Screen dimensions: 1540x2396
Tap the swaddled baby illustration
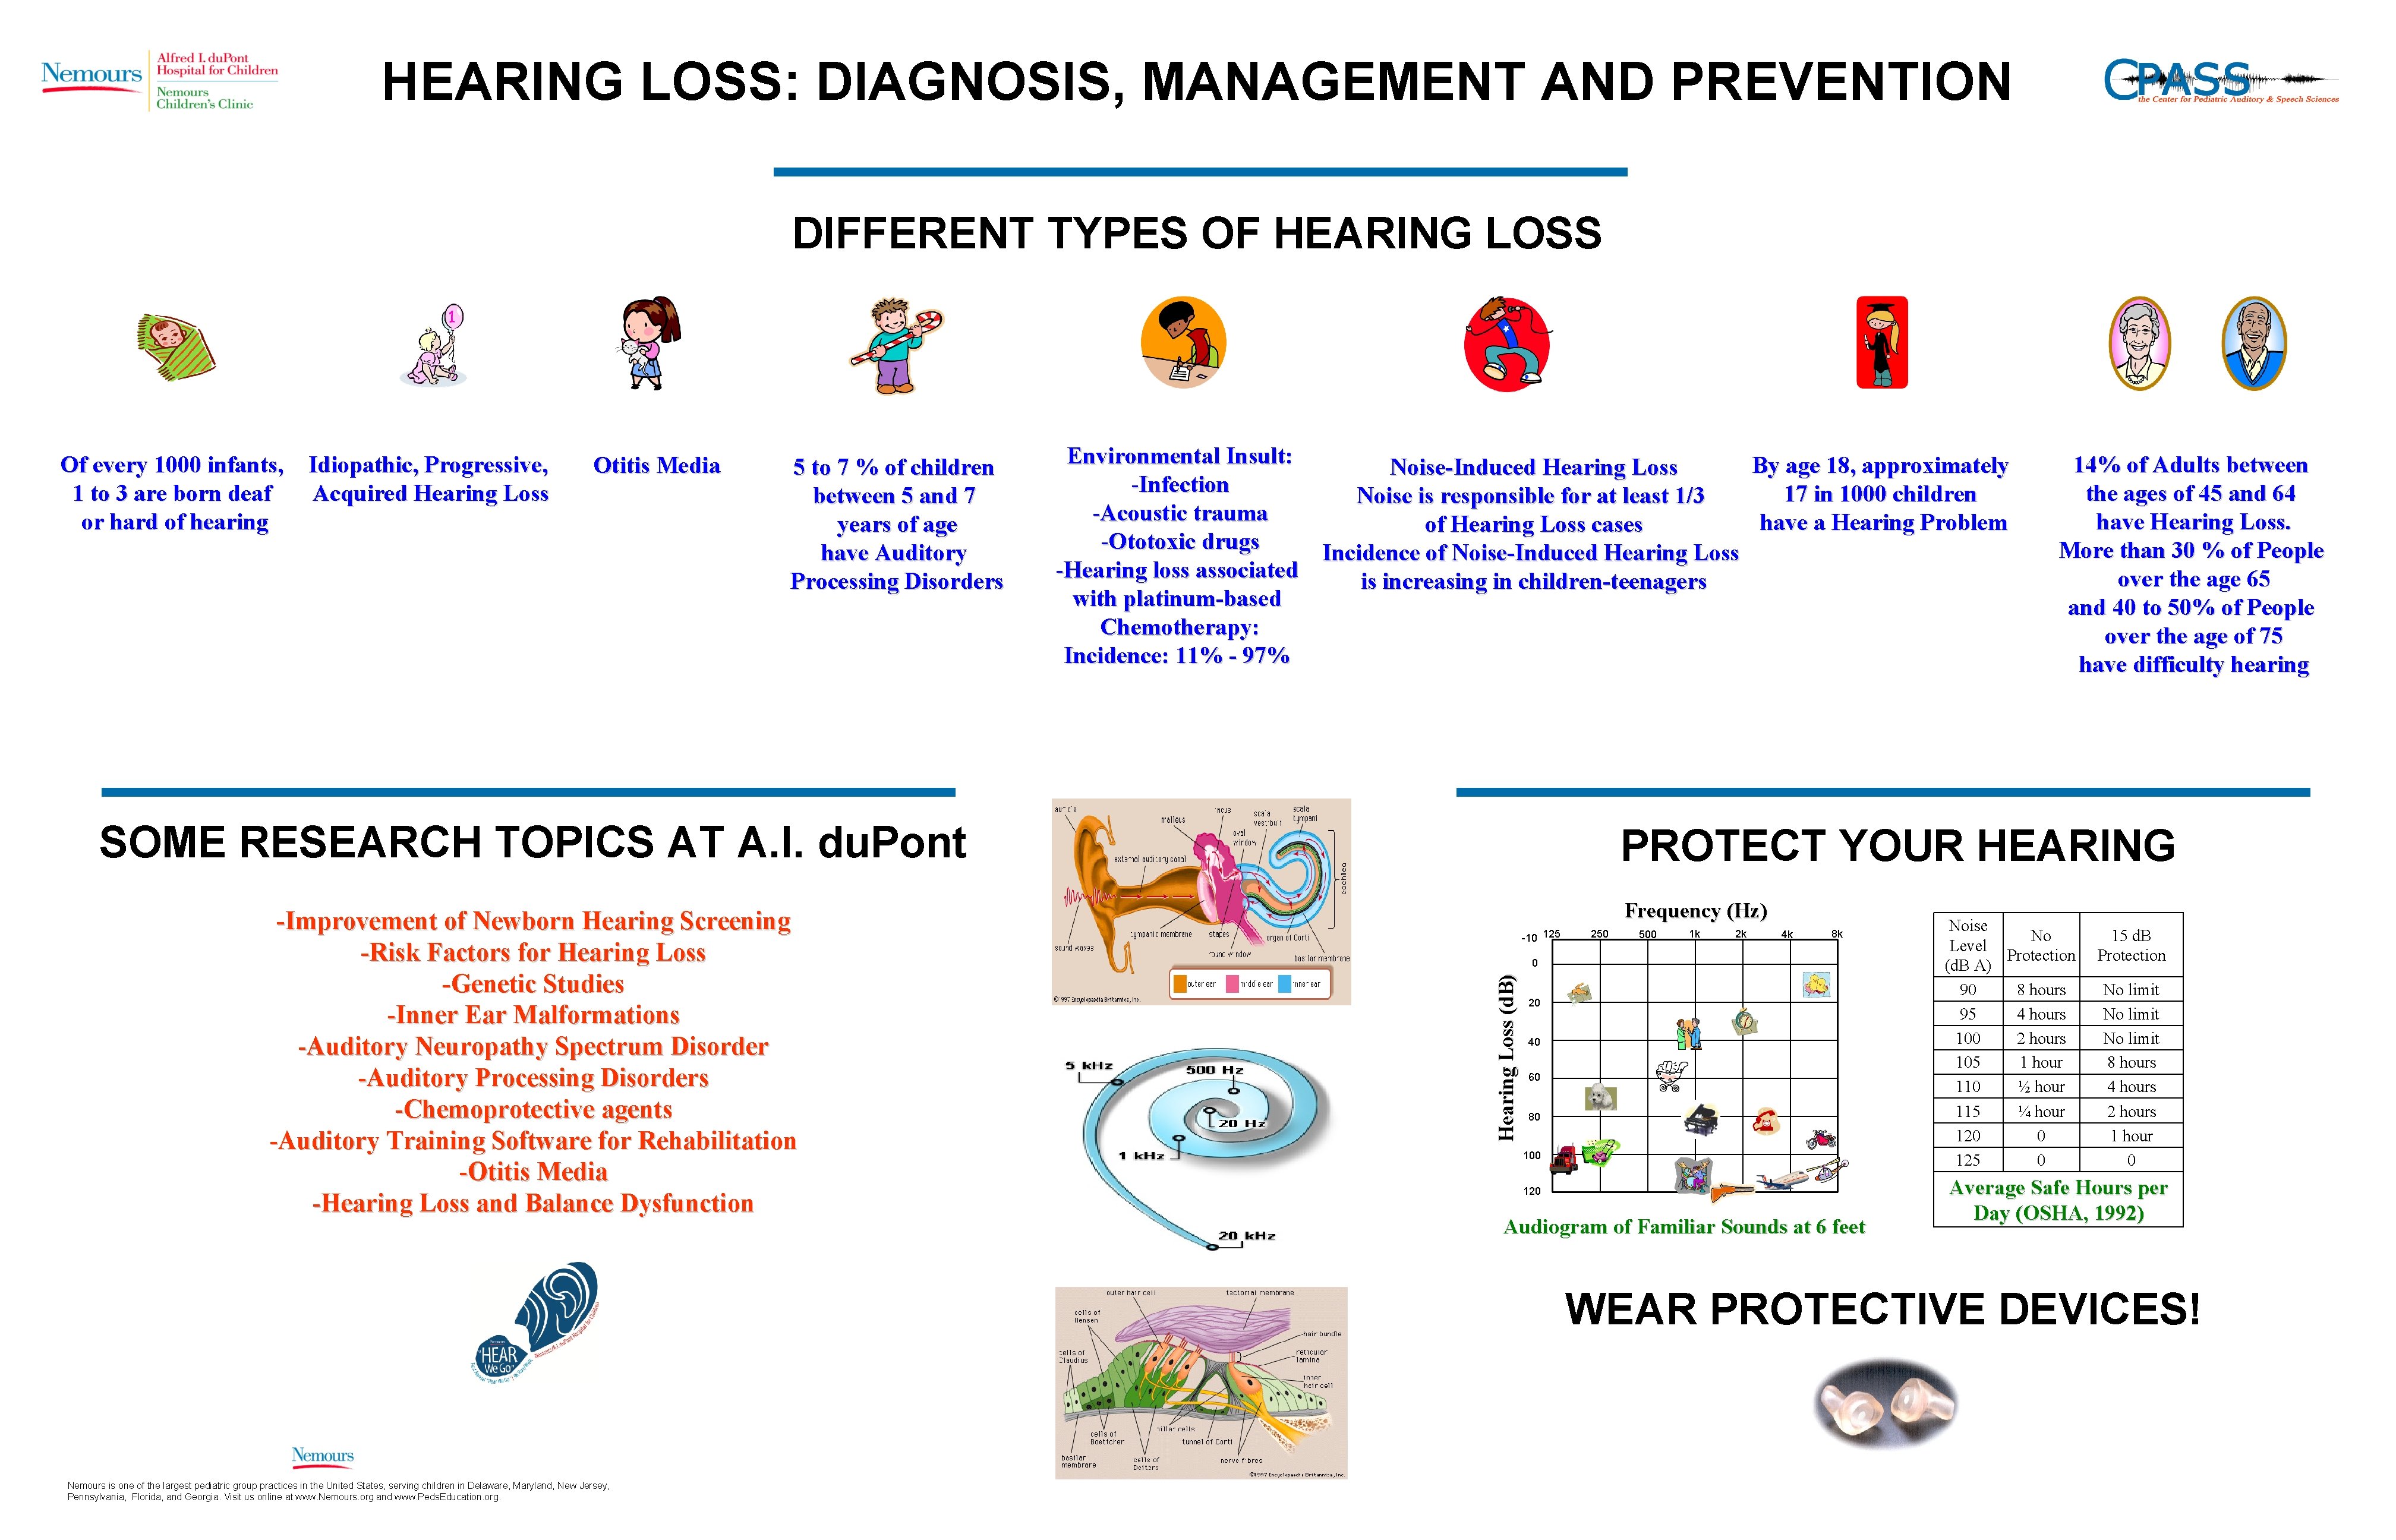coord(176,346)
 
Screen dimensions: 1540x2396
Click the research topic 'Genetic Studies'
coord(533,984)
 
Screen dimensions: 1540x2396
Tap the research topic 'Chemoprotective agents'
coord(533,1110)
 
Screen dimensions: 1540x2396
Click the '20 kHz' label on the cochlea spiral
coord(1246,1236)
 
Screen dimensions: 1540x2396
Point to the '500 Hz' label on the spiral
coord(1214,1070)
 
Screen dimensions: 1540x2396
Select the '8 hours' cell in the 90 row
coord(2040,990)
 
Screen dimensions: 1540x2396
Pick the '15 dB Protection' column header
coord(2130,945)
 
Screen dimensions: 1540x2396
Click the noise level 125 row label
coord(1967,1160)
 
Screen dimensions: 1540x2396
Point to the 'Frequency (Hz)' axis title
coord(1695,911)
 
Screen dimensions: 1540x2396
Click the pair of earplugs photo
coord(1885,1402)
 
